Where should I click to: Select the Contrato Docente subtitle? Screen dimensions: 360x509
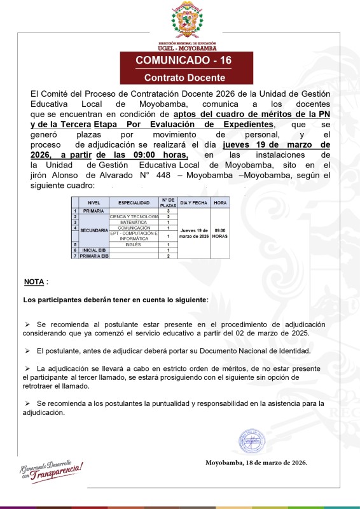coord(184,78)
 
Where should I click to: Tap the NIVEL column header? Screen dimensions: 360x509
coord(93,203)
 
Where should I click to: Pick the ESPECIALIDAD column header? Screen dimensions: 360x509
coord(134,203)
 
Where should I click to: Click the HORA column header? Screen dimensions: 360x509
coord(220,203)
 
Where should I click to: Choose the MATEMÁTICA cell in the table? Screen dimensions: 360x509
coord(134,222)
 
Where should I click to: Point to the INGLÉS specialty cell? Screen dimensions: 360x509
coord(134,244)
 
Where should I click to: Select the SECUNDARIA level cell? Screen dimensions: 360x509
coord(93,230)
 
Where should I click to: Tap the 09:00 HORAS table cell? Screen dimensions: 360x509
coord(220,233)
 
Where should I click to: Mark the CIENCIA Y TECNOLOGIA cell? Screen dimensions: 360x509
coord(134,216)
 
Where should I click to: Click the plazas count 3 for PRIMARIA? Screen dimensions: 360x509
coord(168,211)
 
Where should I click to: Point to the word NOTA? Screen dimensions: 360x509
coord(34,281)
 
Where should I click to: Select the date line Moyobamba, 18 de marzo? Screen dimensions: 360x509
coord(256,463)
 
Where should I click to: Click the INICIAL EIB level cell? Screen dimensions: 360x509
coord(93,250)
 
